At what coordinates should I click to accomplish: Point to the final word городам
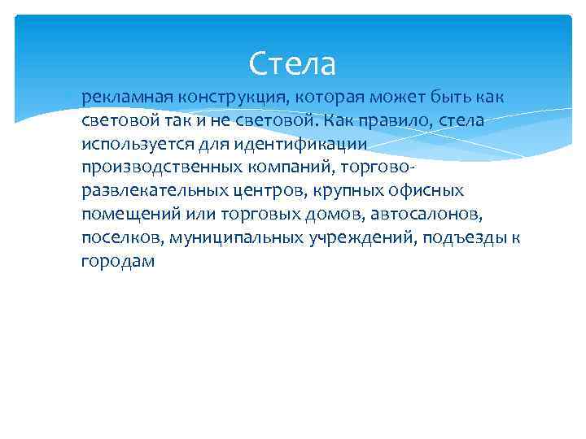118,262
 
